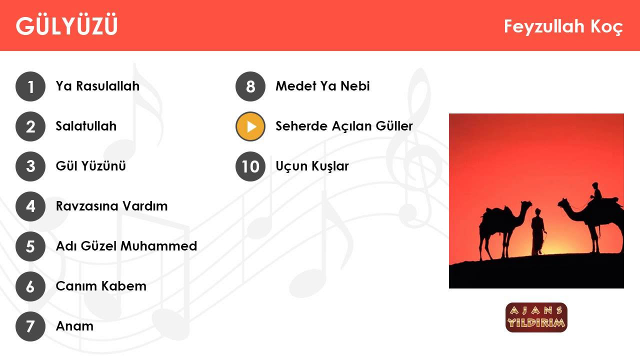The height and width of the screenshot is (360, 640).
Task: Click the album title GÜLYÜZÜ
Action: [x=66, y=25]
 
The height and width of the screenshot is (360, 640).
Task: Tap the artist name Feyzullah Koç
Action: [x=563, y=27]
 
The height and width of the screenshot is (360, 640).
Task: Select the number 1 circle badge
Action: [x=30, y=86]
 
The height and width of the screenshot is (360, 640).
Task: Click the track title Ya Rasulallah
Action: [x=97, y=86]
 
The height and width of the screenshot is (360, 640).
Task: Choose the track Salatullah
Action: [x=86, y=126]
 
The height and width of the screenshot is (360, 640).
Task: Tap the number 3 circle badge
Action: [x=30, y=166]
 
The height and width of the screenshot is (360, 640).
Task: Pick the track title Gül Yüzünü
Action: [x=90, y=166]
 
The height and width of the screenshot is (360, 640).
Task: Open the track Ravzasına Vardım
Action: [x=111, y=206]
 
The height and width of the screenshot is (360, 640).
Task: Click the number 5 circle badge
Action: [x=30, y=246]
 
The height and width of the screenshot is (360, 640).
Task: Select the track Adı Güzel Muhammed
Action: [x=126, y=246]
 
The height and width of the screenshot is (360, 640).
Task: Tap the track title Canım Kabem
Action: [x=101, y=286]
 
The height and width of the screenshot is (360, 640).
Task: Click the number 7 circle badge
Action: [x=30, y=326]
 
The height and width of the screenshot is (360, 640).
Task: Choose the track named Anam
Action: [x=74, y=326]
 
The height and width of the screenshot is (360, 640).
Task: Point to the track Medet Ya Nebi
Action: [x=322, y=86]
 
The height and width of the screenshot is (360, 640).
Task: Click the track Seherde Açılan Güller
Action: [x=344, y=126]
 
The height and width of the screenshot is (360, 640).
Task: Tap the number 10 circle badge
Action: [x=250, y=166]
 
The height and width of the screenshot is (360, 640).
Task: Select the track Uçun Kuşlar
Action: [x=312, y=166]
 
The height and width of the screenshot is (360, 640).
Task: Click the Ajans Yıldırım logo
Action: [x=536, y=317]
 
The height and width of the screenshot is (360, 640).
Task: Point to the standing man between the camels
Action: [x=538, y=232]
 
